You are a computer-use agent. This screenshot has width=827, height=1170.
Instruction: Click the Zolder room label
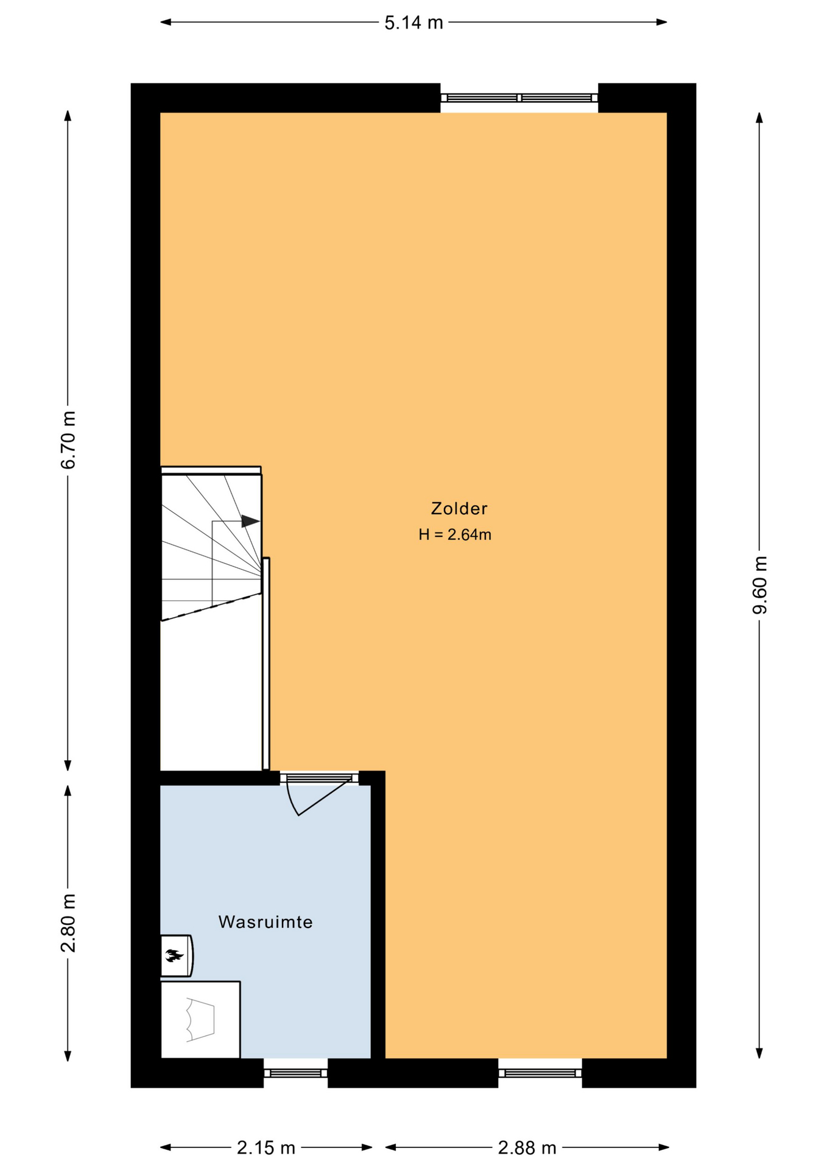(x=459, y=508)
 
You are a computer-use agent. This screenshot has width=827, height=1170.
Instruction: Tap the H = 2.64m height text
(x=455, y=535)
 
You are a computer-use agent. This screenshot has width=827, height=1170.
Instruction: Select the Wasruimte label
(x=266, y=922)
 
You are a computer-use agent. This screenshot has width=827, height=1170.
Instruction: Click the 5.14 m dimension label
(x=413, y=23)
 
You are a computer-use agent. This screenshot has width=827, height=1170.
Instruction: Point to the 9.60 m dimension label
(x=760, y=585)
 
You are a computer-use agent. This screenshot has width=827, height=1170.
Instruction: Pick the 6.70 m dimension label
(x=68, y=440)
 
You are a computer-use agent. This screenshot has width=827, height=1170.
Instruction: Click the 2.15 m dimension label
(x=266, y=1148)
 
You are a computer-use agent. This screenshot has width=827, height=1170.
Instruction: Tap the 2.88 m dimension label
(x=527, y=1148)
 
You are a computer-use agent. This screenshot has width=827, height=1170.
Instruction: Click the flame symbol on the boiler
(x=174, y=955)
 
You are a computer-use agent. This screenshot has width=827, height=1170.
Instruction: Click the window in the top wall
(x=519, y=97)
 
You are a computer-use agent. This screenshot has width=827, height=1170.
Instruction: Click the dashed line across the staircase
(x=211, y=607)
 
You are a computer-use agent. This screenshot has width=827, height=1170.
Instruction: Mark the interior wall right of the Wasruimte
(x=378, y=915)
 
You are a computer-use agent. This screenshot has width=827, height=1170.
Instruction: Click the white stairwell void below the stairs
(x=211, y=695)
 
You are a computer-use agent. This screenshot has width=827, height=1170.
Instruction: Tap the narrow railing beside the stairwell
(x=266, y=664)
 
